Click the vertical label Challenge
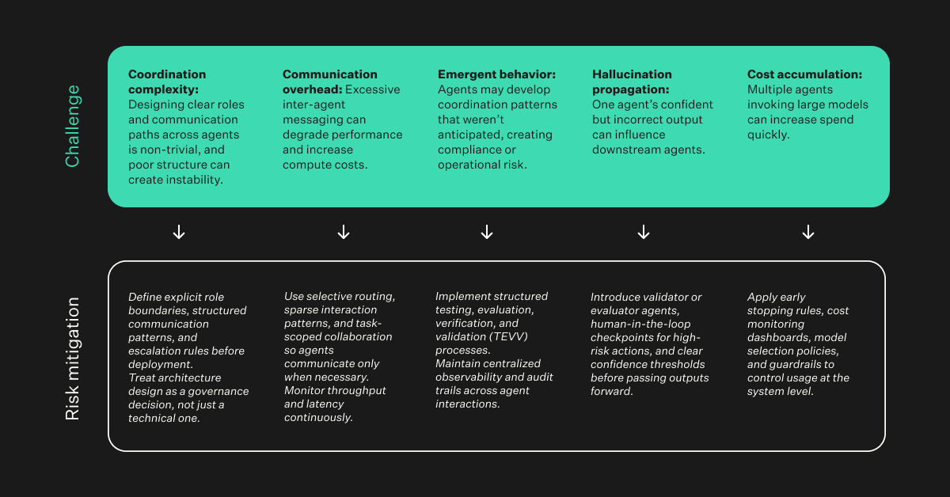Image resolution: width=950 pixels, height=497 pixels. pyautogui.click(x=73, y=126)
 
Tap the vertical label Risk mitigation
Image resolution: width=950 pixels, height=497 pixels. pyautogui.click(x=73, y=359)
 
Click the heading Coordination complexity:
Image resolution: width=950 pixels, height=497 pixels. pyautogui.click(x=167, y=82)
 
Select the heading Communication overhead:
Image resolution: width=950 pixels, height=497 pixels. pyautogui.click(x=330, y=82)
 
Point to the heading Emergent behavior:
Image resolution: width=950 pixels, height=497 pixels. pyautogui.click(x=496, y=74)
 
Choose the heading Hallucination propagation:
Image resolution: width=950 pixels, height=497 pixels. pyautogui.click(x=632, y=82)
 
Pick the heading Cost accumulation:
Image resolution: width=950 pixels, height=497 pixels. pyautogui.click(x=804, y=74)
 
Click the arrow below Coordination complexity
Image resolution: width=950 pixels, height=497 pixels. pyautogui.click(x=179, y=232)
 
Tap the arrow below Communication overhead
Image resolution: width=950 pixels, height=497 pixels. pyautogui.click(x=344, y=232)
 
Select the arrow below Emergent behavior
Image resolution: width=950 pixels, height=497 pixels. pyautogui.click(x=487, y=232)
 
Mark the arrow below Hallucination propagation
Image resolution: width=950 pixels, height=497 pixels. pyautogui.click(x=644, y=232)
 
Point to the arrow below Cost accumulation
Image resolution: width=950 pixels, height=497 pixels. pyautogui.click(x=808, y=232)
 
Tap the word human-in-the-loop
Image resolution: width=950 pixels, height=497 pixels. pyautogui.click(x=640, y=324)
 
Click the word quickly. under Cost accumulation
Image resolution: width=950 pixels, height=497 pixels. pyautogui.click(x=768, y=135)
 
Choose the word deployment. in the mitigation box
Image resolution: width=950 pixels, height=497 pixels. pyautogui.click(x=161, y=364)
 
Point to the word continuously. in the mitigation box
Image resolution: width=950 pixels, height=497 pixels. pyautogui.click(x=318, y=418)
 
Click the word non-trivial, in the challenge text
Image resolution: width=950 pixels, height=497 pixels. pyautogui.click(x=170, y=150)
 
